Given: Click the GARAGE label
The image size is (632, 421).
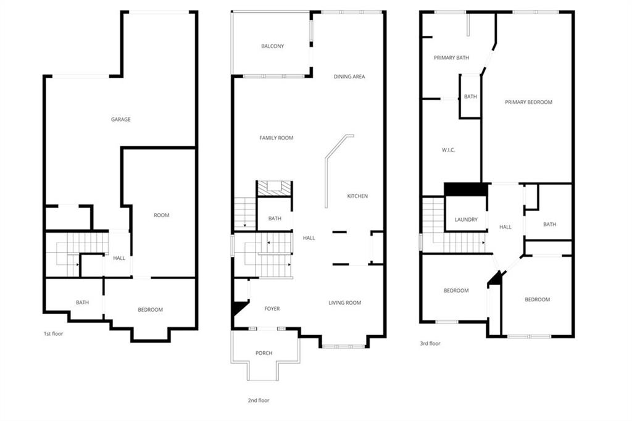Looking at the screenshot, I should point(120,120).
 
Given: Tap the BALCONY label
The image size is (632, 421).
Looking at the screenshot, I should point(272,46).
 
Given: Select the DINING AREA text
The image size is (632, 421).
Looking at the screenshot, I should point(349,77).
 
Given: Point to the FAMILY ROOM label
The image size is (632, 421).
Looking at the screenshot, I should point(276,138).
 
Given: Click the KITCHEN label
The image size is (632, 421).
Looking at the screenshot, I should point(357,196).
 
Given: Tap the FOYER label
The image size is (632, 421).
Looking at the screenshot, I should point(272,309).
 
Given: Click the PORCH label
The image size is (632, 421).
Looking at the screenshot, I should point(264,353).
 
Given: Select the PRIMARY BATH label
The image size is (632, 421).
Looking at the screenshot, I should point(451,58).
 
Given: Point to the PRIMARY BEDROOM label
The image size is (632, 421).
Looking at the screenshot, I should point(528,102).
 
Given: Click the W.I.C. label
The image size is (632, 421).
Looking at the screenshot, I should point(448,150).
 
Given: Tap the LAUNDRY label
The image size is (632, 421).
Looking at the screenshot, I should point(466,220).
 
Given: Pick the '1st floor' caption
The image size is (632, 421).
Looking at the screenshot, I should point(53,334).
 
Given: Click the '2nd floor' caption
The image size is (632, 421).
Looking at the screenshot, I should point(259,401).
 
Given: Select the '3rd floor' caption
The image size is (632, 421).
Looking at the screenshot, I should point(430,344).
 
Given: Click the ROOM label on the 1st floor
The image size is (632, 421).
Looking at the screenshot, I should point(161,215).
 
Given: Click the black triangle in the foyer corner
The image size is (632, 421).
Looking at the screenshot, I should point(239,308).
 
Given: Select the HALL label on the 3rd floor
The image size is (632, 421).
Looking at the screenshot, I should point(505,227).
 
